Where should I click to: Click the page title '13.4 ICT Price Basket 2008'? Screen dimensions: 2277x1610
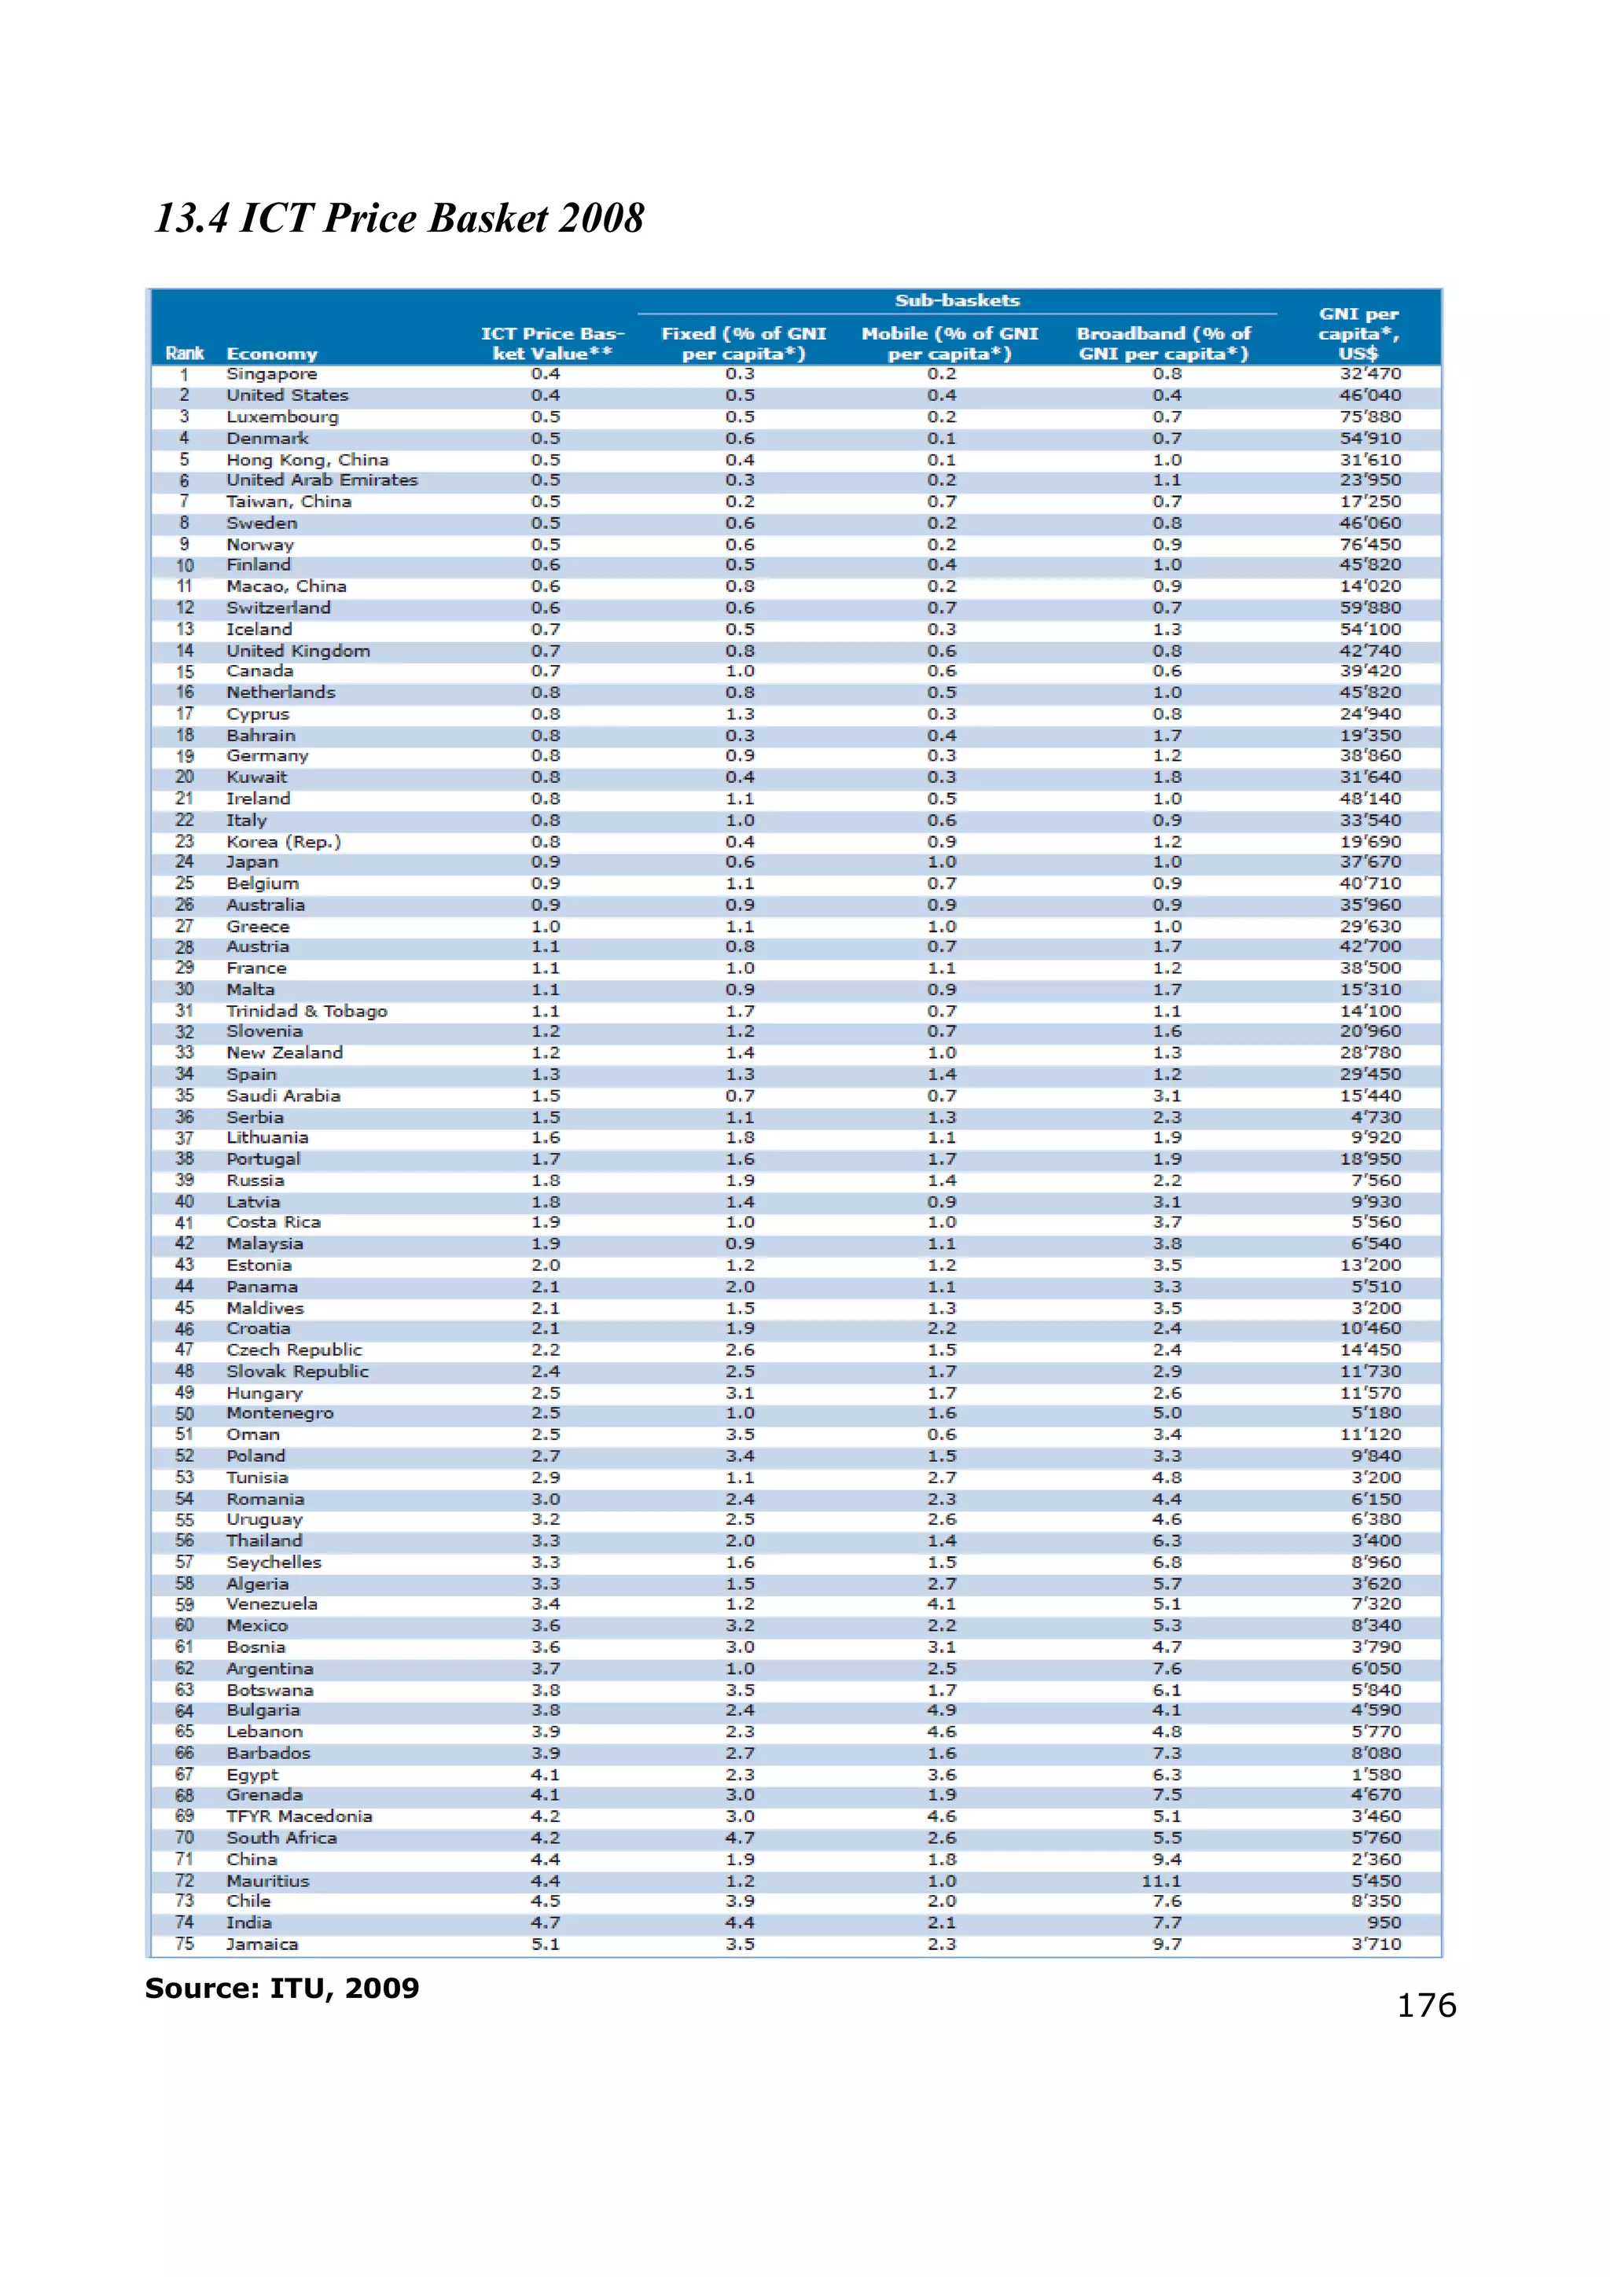click(399, 219)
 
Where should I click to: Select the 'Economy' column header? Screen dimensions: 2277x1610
click(272, 354)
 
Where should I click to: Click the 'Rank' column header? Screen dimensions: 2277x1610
click(185, 354)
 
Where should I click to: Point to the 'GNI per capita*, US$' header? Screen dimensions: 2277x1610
click(1357, 334)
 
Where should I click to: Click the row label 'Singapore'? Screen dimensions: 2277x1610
click(272, 374)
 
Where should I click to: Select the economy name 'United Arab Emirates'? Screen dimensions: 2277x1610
click(322, 480)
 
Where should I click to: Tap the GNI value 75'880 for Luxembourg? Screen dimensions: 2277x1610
click(1370, 417)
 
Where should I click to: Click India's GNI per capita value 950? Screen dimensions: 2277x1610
click(1384, 1922)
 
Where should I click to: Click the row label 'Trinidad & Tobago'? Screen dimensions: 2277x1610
click(307, 1011)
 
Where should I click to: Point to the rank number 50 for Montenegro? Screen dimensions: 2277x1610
click(185, 1413)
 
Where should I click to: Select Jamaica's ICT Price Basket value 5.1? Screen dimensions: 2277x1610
click(545, 1944)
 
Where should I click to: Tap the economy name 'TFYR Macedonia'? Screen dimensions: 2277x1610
click(300, 1816)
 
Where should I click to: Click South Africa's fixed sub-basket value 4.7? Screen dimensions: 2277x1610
click(740, 1838)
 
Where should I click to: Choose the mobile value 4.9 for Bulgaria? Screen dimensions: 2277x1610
click(942, 1710)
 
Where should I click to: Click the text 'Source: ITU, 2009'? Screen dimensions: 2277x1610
click(281, 1988)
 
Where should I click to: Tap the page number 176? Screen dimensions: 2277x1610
click(1425, 2004)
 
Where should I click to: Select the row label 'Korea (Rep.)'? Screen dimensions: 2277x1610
click(284, 841)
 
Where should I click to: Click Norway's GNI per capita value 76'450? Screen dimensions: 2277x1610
click(1370, 545)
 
